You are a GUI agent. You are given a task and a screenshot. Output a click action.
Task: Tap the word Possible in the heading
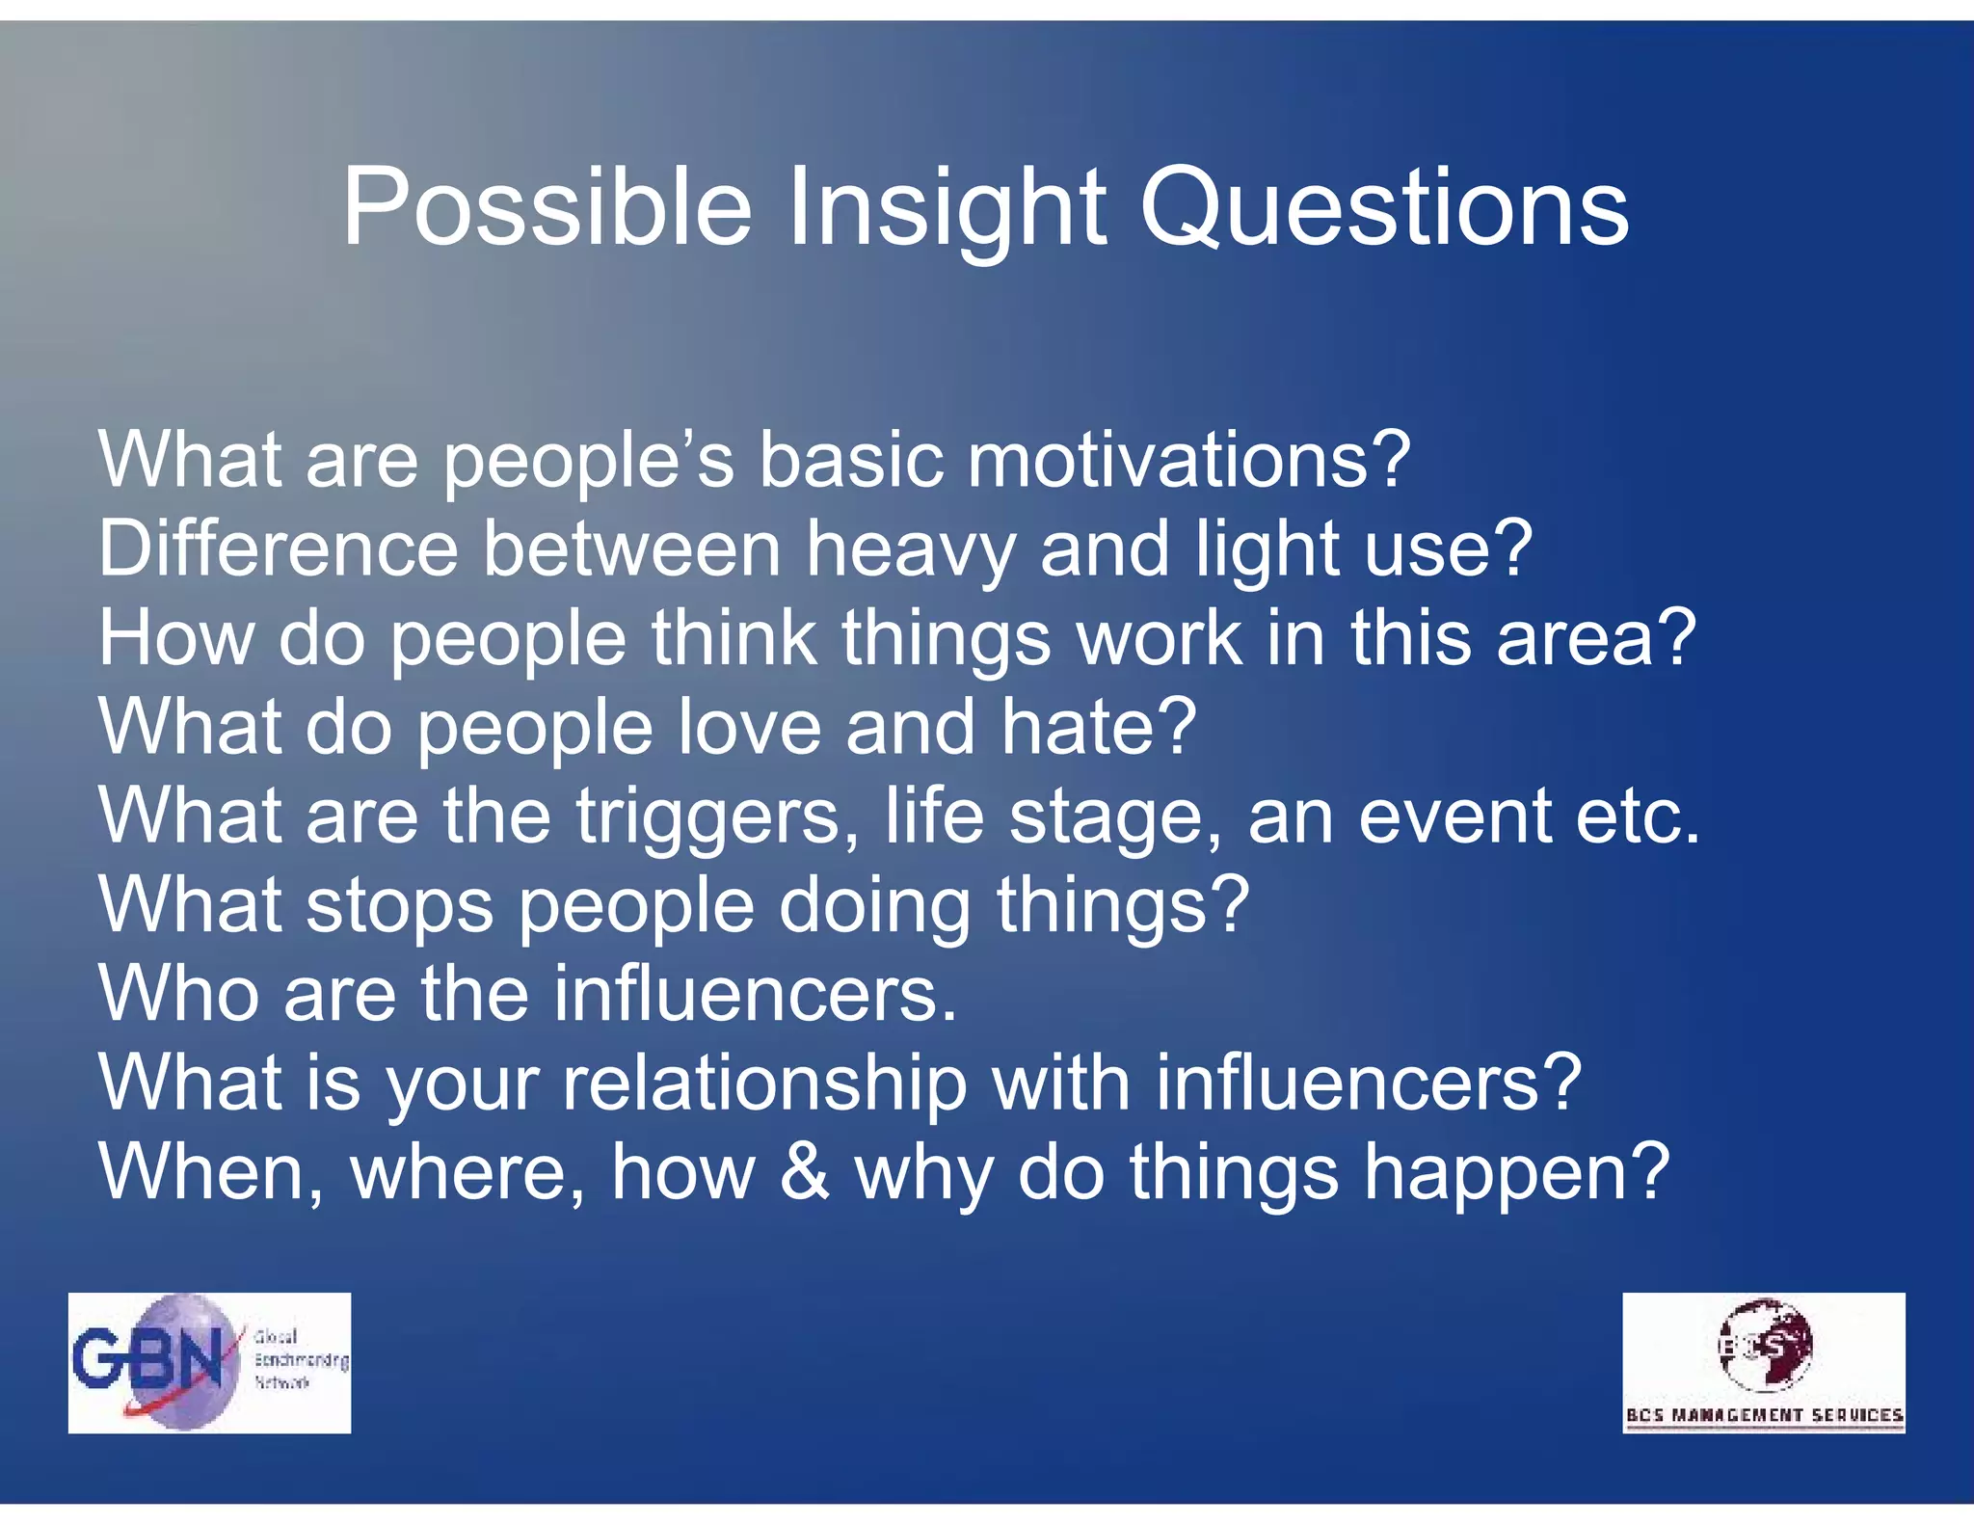[546, 207]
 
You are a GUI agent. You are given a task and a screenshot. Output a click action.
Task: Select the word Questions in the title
[1384, 207]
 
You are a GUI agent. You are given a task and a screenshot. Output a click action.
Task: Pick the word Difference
[278, 549]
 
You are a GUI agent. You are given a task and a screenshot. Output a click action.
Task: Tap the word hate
[1098, 727]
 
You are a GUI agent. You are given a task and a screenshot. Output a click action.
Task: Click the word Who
[178, 994]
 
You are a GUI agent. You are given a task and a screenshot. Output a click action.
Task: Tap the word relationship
[764, 1084]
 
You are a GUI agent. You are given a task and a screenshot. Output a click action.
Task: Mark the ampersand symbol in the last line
[804, 1172]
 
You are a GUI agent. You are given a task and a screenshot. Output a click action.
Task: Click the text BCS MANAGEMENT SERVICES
[1764, 1415]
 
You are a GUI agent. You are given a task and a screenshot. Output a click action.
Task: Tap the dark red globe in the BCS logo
[1766, 1343]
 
